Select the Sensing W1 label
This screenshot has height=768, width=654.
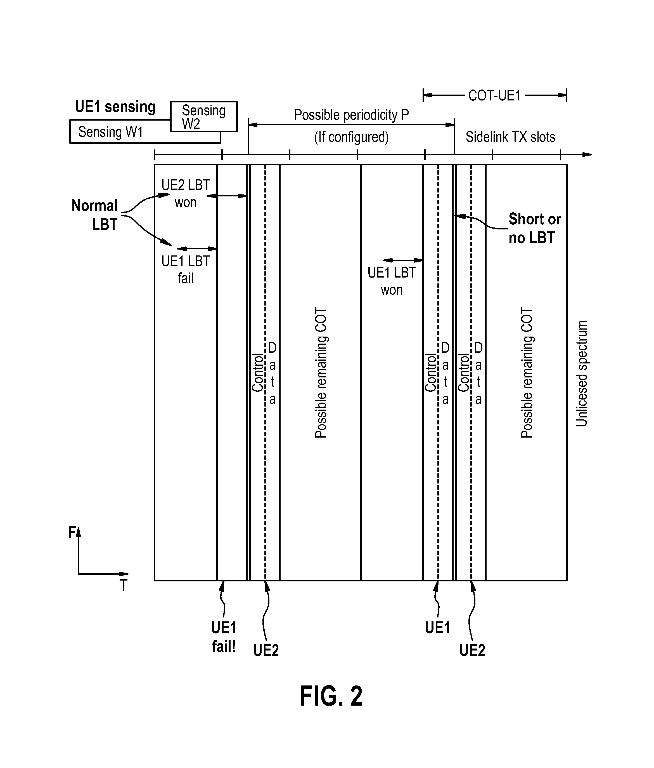coord(110,132)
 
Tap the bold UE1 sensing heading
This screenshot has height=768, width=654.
coord(115,107)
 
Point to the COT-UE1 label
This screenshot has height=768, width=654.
coord(494,96)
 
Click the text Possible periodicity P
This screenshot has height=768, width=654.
coord(351,115)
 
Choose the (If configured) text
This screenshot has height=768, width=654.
coord(351,137)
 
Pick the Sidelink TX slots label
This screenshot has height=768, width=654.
coord(510,137)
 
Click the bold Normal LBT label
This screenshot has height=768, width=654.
coord(94,215)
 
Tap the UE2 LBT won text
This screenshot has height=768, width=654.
coord(186,194)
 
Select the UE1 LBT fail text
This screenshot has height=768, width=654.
coord(186,269)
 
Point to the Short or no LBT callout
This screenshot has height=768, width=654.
coord(534,228)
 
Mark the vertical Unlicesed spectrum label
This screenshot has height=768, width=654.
coord(581,374)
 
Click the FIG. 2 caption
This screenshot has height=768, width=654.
coord(331,696)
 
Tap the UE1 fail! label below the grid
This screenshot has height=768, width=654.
coord(224,637)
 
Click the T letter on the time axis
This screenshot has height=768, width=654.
coord(123,586)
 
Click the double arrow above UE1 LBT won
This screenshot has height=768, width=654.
coord(403,260)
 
